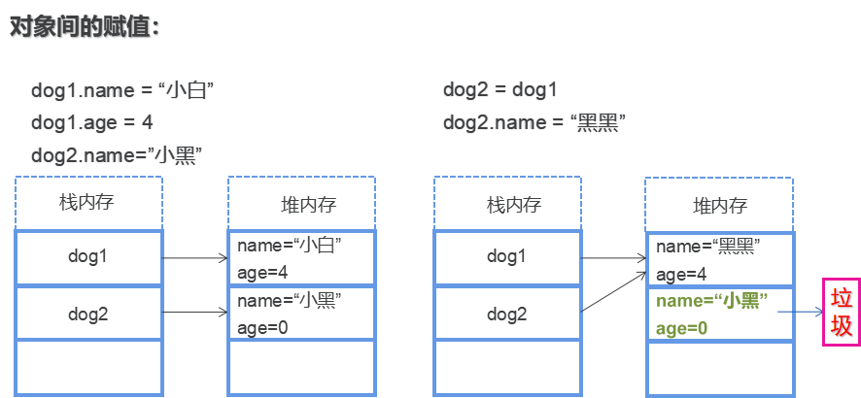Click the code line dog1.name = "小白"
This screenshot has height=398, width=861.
pyautogui.click(x=122, y=91)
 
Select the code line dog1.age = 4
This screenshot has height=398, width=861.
pyautogui.click(x=92, y=122)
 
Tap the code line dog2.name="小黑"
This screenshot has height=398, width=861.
pyautogui.click(x=116, y=154)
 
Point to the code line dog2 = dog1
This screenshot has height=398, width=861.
pyautogui.click(x=500, y=91)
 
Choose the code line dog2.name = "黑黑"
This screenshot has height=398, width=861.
pyautogui.click(x=534, y=122)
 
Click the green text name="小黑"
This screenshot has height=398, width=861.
pyautogui.click(x=711, y=301)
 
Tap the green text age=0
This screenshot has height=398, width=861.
pyautogui.click(x=682, y=328)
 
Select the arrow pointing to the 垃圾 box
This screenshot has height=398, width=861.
pyautogui.click(x=801, y=313)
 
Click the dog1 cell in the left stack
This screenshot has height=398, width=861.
pyautogui.click(x=88, y=257)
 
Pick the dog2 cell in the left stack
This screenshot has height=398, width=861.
pyautogui.click(x=88, y=313)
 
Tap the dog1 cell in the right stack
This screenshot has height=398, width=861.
pyautogui.click(x=506, y=257)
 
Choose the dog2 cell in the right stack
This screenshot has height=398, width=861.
pyautogui.click(x=506, y=313)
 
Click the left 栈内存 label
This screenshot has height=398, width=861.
pyautogui.click(x=87, y=204)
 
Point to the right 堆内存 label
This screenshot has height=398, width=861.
pyautogui.click(x=719, y=205)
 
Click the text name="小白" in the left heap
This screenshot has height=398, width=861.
pyautogui.click(x=291, y=246)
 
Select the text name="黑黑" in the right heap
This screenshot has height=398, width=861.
pyautogui.click(x=708, y=246)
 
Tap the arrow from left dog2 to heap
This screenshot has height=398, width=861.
pyautogui.click(x=194, y=313)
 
